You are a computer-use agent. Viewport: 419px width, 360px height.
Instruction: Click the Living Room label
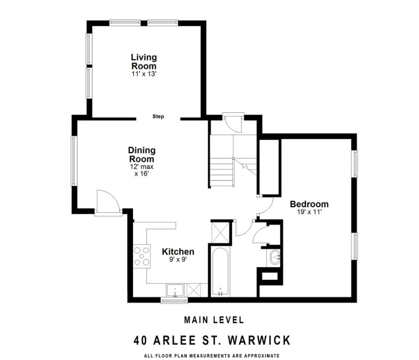click(144, 61)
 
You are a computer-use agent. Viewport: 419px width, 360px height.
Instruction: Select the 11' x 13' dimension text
click(144, 74)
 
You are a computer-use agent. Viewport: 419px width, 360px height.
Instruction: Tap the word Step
click(158, 116)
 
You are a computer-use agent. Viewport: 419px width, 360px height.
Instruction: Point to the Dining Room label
click(141, 155)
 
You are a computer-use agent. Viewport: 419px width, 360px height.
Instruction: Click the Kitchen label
click(178, 252)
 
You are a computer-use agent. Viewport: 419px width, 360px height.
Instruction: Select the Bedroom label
click(309, 204)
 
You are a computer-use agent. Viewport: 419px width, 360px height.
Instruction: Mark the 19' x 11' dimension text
click(309, 212)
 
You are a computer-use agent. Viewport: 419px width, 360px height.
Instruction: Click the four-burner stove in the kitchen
click(142, 256)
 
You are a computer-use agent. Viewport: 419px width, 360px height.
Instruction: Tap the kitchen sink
click(175, 291)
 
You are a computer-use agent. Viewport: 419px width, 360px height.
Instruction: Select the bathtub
click(220, 272)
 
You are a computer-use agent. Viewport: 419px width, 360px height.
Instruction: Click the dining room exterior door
click(107, 202)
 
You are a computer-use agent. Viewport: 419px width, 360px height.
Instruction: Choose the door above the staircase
click(232, 123)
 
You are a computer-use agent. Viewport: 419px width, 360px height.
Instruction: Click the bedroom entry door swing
click(266, 206)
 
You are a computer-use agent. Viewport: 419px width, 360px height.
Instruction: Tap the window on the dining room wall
click(74, 161)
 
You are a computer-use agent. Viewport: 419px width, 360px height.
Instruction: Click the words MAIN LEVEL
click(214, 320)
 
